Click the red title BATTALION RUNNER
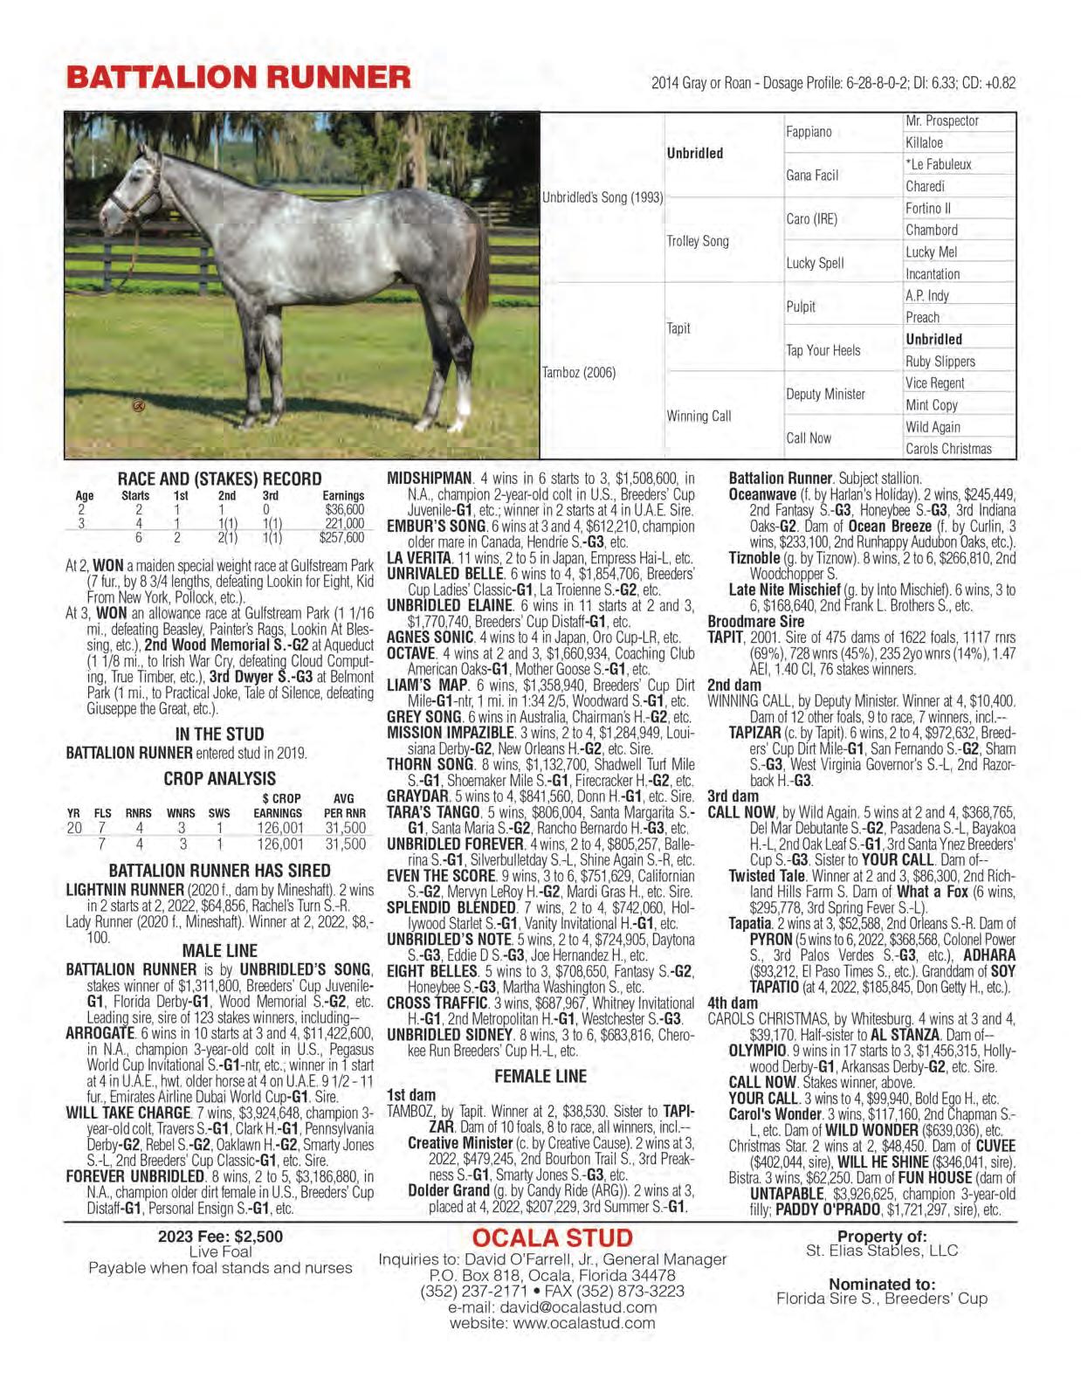(238, 77)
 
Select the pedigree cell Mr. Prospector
(942, 121)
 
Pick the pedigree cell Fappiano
(809, 132)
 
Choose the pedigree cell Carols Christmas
(948, 449)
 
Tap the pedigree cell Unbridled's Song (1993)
(602, 197)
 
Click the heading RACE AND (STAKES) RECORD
(219, 479)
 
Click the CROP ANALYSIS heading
(219, 778)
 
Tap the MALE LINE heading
(219, 950)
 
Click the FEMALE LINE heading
(540, 1076)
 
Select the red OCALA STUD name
(552, 1238)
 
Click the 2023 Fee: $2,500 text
(220, 1237)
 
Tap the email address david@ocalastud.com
(552, 1307)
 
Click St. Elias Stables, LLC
(882, 1251)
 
